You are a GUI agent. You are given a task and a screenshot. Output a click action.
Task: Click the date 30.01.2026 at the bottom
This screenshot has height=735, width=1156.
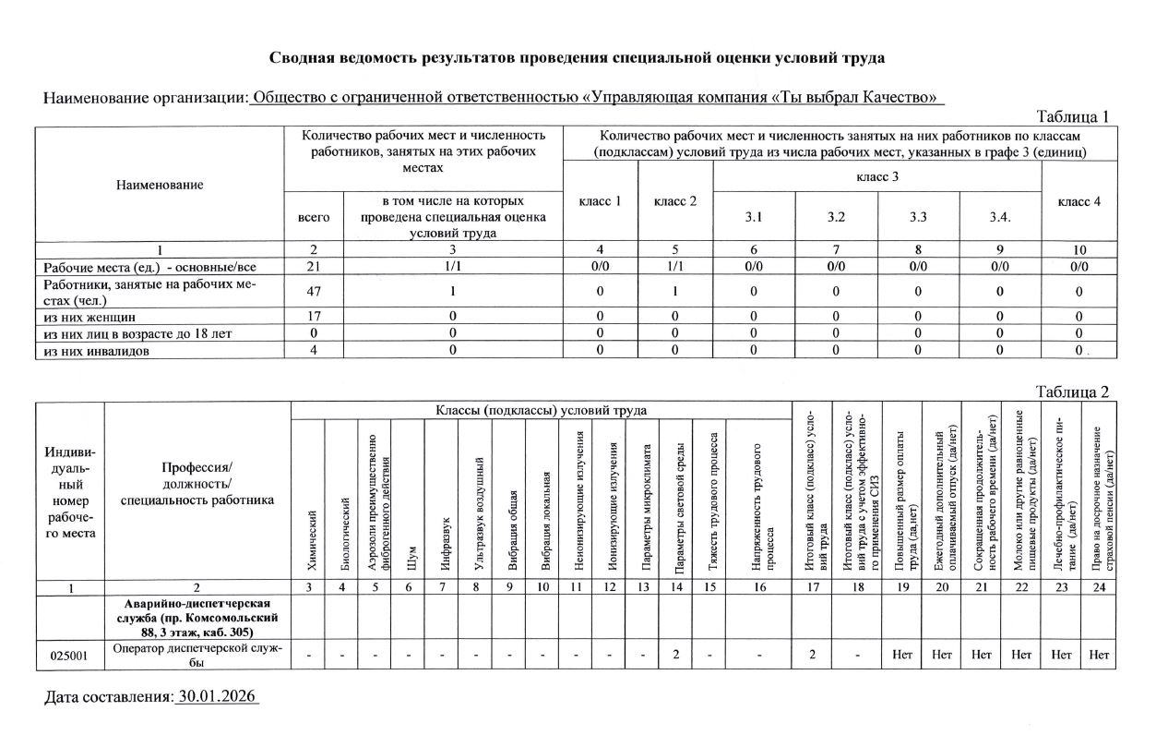pos(217,696)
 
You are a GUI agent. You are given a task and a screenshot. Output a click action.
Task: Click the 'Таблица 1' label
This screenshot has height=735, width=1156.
pos(1073,116)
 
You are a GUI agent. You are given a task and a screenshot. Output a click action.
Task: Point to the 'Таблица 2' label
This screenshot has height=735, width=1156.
pos(1073,393)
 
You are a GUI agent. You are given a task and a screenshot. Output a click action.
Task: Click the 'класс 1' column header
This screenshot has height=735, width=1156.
pos(600,201)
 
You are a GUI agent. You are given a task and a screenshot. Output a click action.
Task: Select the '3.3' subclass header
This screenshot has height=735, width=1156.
pos(918,218)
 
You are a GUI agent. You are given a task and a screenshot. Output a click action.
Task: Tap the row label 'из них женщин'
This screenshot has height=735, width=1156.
pos(86,317)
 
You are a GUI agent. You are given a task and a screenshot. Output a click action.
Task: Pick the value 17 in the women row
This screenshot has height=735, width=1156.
pos(315,317)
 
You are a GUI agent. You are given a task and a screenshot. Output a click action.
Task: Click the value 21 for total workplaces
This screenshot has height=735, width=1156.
pos(315,267)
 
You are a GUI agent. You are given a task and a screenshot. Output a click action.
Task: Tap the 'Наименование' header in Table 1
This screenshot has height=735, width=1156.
pos(160,185)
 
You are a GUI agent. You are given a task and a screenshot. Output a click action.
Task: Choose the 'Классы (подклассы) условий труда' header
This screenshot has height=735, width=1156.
pos(542,410)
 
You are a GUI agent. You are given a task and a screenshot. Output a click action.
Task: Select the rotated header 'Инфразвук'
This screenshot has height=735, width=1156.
pos(444,540)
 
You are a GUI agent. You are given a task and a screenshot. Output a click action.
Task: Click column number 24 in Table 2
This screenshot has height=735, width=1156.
pos(1098,587)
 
